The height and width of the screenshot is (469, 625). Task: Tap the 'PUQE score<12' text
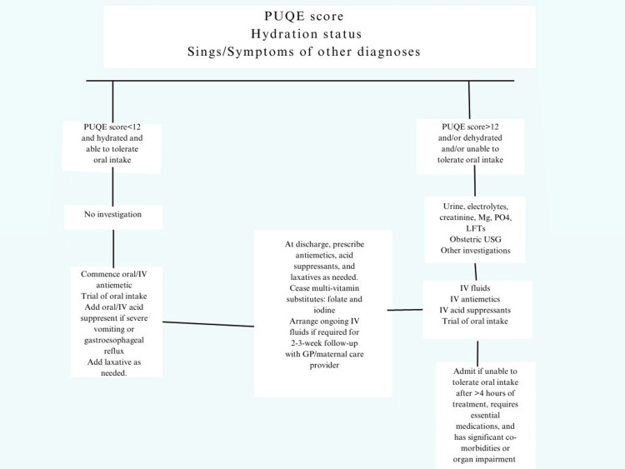click(x=112, y=127)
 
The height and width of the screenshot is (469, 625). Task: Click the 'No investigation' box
click(x=112, y=214)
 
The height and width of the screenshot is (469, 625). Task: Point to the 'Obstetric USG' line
click(x=476, y=238)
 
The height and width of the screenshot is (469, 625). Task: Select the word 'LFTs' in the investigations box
click(x=476, y=227)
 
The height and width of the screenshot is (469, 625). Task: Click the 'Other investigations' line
click(x=476, y=250)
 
